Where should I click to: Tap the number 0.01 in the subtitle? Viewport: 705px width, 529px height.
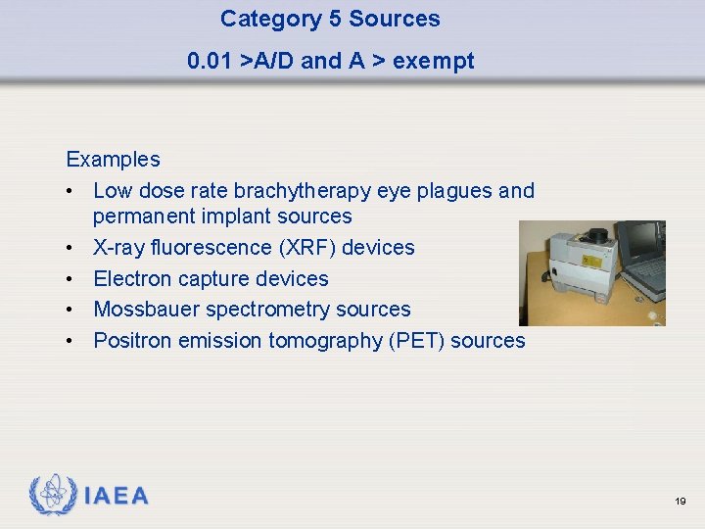210,61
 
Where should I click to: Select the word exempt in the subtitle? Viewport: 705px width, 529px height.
436,61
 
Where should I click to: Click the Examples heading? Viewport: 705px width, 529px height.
113,159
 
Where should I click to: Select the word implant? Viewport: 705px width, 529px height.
241,216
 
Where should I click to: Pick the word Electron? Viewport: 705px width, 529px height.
132,278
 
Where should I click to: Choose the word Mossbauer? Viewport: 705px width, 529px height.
143,309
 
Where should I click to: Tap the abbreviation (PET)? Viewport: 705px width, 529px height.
413,340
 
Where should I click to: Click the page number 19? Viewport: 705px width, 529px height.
680,501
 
